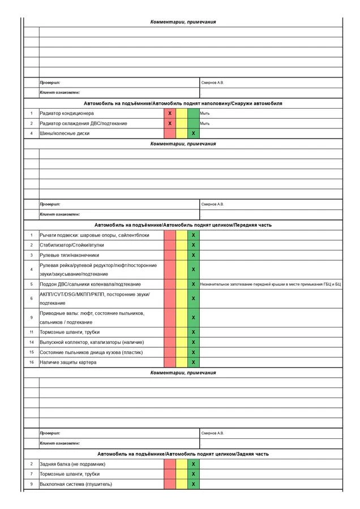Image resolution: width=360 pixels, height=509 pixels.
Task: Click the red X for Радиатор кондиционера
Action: [170, 114]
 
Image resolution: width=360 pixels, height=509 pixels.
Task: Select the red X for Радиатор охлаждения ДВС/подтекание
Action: [170, 123]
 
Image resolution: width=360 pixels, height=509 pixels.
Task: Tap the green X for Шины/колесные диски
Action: [194, 133]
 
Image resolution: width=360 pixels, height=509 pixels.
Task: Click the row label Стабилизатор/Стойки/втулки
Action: [72, 245]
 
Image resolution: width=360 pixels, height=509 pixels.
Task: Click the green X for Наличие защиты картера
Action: [194, 363]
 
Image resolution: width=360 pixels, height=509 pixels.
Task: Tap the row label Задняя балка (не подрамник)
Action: [72, 464]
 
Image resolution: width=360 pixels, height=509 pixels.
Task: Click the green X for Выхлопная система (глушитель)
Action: [194, 484]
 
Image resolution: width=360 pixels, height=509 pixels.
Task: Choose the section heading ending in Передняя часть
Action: [183, 225]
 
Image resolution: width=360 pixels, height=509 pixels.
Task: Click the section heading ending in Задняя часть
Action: [183, 454]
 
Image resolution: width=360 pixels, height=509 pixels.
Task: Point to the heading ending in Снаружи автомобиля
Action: [183, 103]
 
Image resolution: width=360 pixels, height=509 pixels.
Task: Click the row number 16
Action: [32, 363]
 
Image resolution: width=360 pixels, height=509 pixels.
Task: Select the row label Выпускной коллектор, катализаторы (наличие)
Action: [92, 343]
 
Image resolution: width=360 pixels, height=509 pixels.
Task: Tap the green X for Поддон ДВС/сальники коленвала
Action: [194, 284]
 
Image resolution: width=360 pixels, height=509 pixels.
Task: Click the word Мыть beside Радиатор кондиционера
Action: [205, 114]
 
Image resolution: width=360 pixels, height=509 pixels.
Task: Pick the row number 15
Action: [32, 352]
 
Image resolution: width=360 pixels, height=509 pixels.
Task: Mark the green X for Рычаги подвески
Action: [194, 235]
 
